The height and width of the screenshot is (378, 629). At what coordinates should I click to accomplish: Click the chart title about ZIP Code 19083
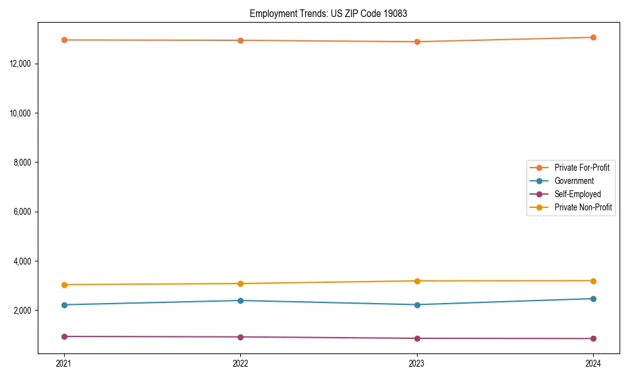pos(328,14)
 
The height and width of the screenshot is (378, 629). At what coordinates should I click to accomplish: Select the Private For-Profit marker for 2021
pos(64,40)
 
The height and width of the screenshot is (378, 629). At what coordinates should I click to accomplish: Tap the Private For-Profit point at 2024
pos(593,37)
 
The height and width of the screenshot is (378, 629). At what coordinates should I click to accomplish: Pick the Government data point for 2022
pos(240,301)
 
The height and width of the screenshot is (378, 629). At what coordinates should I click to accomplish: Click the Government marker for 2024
pos(593,299)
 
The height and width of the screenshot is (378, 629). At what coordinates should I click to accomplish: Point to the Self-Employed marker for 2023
pos(416,338)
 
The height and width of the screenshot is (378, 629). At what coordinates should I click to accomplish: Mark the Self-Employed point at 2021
pos(64,336)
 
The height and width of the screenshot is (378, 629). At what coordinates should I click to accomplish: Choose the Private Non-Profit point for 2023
pos(416,281)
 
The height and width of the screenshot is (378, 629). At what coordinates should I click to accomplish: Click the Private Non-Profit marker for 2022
pos(240,283)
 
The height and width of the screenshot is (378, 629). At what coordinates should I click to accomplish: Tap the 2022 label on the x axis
pos(240,363)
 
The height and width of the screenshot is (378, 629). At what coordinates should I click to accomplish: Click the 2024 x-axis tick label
pos(593,363)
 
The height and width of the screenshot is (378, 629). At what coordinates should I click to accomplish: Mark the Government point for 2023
pos(416,305)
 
